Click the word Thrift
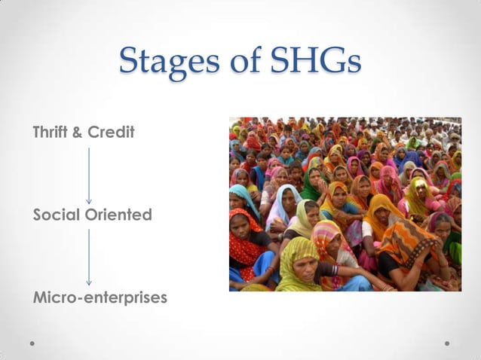[x=51, y=133]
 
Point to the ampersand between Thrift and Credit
[x=79, y=133]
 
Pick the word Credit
[x=112, y=133]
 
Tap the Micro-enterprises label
[x=100, y=298]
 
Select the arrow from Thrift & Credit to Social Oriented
[x=89, y=175]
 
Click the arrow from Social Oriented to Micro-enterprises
[x=89, y=257]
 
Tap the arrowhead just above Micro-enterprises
[x=89, y=282]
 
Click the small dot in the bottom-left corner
[x=33, y=343]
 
